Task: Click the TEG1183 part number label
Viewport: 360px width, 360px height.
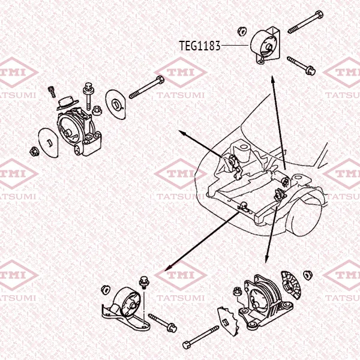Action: (x=200, y=46)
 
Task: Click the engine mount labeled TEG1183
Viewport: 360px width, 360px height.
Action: (x=265, y=46)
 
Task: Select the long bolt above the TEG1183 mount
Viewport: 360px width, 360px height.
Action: (x=305, y=22)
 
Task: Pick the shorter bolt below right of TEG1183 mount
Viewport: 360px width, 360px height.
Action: (x=301, y=65)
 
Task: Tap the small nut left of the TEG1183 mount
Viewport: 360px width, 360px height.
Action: (x=242, y=31)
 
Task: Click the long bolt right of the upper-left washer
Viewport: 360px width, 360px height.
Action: (x=146, y=87)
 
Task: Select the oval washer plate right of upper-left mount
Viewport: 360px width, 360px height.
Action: (x=115, y=104)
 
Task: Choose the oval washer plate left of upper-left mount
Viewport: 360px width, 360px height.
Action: (x=48, y=143)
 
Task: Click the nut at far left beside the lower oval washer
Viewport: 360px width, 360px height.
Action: (x=34, y=152)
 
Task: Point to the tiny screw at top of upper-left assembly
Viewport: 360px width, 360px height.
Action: (x=52, y=92)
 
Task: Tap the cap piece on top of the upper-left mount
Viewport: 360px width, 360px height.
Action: (x=68, y=103)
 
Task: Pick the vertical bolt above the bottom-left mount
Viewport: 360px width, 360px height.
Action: (x=143, y=283)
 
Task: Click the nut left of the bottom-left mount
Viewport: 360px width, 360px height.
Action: (x=105, y=290)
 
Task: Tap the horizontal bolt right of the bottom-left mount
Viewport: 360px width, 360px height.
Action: (x=163, y=323)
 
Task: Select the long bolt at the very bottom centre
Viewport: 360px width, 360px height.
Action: (x=200, y=337)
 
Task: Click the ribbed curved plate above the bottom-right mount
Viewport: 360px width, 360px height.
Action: (x=291, y=285)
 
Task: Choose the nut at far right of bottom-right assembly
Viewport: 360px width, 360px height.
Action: (x=308, y=275)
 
